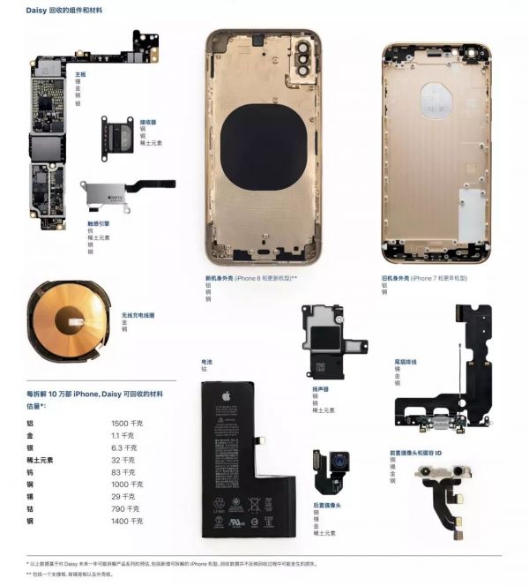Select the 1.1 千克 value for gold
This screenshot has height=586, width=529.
pos(123,435)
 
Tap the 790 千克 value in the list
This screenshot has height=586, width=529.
pos(124,508)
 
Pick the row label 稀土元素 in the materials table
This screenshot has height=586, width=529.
pos(40,460)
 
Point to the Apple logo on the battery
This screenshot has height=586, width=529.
pos(225,396)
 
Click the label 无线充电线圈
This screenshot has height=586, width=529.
pos(138,315)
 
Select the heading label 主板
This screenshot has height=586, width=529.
pos(80,75)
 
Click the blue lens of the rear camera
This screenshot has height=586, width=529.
pos(338,461)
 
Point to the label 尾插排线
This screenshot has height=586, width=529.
pos(406,362)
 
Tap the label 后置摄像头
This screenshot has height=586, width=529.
pos(327,506)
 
